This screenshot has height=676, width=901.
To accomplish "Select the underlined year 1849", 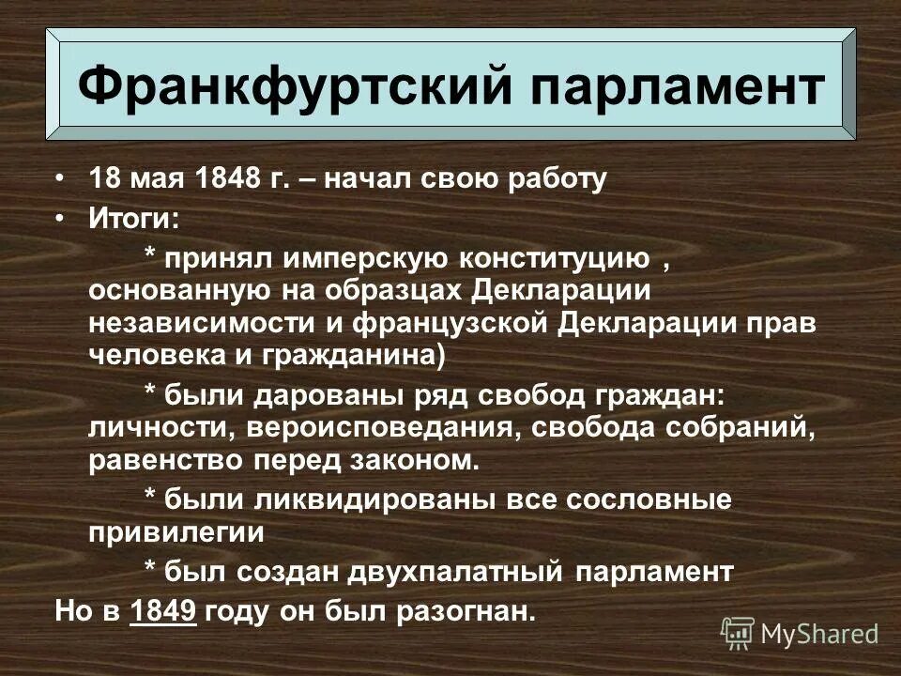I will click(x=164, y=611).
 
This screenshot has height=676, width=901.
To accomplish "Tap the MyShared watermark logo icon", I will click(x=738, y=634).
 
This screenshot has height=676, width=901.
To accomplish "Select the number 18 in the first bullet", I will click(x=103, y=179).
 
